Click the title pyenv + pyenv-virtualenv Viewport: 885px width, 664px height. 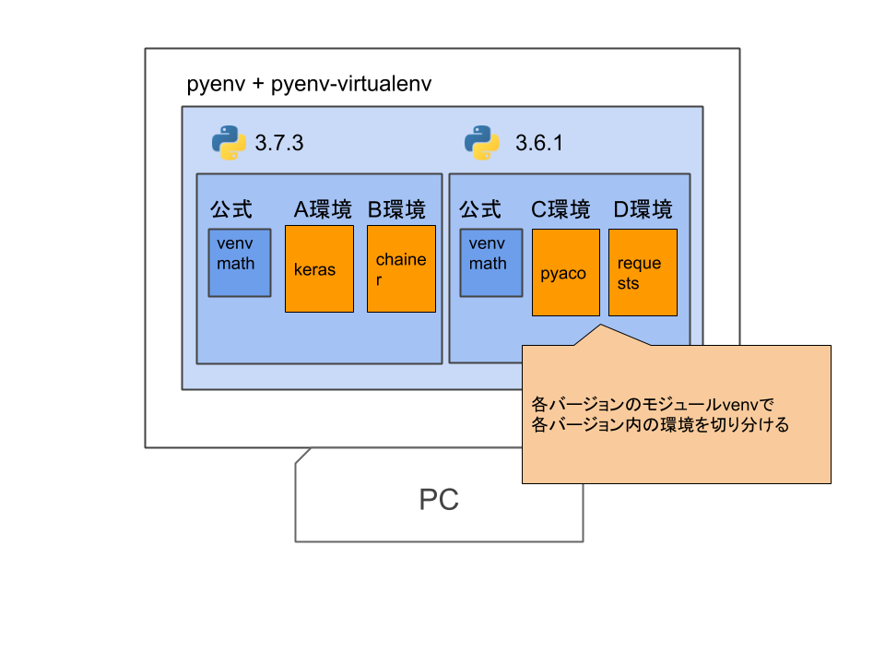tap(309, 85)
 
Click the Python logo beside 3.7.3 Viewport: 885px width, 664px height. tap(229, 143)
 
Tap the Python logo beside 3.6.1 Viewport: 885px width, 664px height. tap(481, 143)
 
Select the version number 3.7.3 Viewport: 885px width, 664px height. tap(278, 144)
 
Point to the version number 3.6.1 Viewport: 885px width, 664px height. tap(538, 144)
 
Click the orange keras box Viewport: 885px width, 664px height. tap(319, 270)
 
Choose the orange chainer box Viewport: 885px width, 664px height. tap(401, 270)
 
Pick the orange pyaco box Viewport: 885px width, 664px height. tap(565, 273)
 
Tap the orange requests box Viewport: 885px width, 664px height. tap(643, 273)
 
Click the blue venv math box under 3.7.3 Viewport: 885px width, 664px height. tap(239, 263)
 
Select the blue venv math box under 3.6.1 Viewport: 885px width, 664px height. tap(490, 263)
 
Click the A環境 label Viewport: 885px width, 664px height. tap(323, 210)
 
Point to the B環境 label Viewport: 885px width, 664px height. tap(396, 210)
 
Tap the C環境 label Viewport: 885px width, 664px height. tap(560, 210)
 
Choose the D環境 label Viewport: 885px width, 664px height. tap(643, 210)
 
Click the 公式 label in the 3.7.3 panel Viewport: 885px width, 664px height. tap(230, 210)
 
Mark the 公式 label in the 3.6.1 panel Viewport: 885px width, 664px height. tap(480, 210)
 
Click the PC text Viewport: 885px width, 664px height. tap(439, 500)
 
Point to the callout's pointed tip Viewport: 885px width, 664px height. tap(601, 326)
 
